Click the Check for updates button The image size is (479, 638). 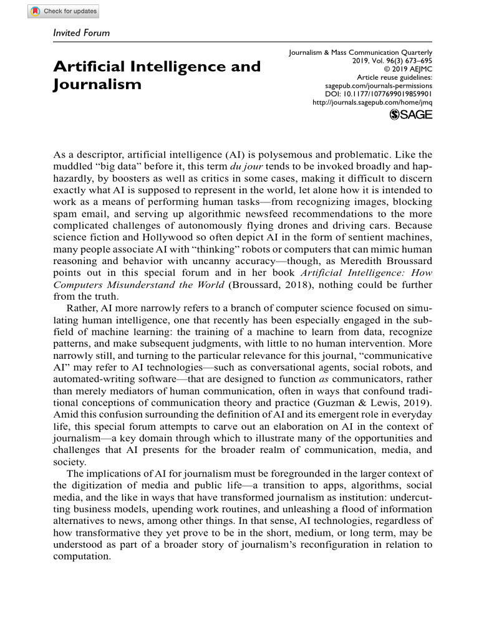pyautogui.click(x=63, y=11)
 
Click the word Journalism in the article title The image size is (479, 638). pyautogui.click(x=97, y=83)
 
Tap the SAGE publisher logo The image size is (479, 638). pyautogui.click(x=410, y=114)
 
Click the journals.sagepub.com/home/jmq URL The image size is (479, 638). pyautogui.click(x=372, y=102)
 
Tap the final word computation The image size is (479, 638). pyautogui.click(x=82, y=557)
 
